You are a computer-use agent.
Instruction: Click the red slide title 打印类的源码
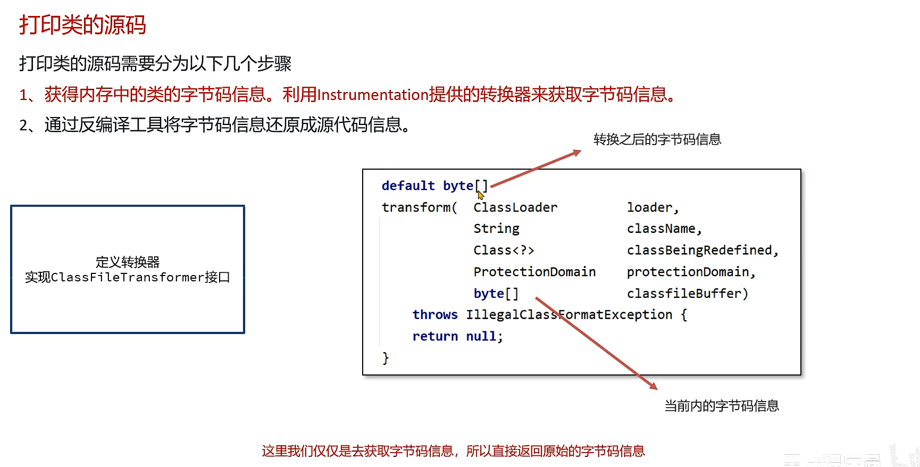(82, 25)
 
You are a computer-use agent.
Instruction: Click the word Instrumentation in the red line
(373, 95)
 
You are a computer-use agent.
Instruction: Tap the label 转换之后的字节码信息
(657, 139)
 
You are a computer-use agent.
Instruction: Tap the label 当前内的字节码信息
(721, 406)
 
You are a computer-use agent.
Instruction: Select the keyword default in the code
(408, 186)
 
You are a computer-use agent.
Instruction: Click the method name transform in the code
(416, 207)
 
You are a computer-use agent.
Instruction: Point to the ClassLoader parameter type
(515, 207)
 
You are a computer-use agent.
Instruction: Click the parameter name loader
(649, 207)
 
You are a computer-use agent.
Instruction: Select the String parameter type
(496, 229)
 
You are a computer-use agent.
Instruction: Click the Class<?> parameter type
(504, 250)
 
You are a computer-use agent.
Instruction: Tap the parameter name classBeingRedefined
(699, 250)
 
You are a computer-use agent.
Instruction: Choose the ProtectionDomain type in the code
(534, 272)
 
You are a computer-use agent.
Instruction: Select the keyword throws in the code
(435, 315)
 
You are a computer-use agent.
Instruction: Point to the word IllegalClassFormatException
(569, 315)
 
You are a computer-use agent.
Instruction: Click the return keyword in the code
(435, 337)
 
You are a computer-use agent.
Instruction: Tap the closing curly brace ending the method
(386, 358)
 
